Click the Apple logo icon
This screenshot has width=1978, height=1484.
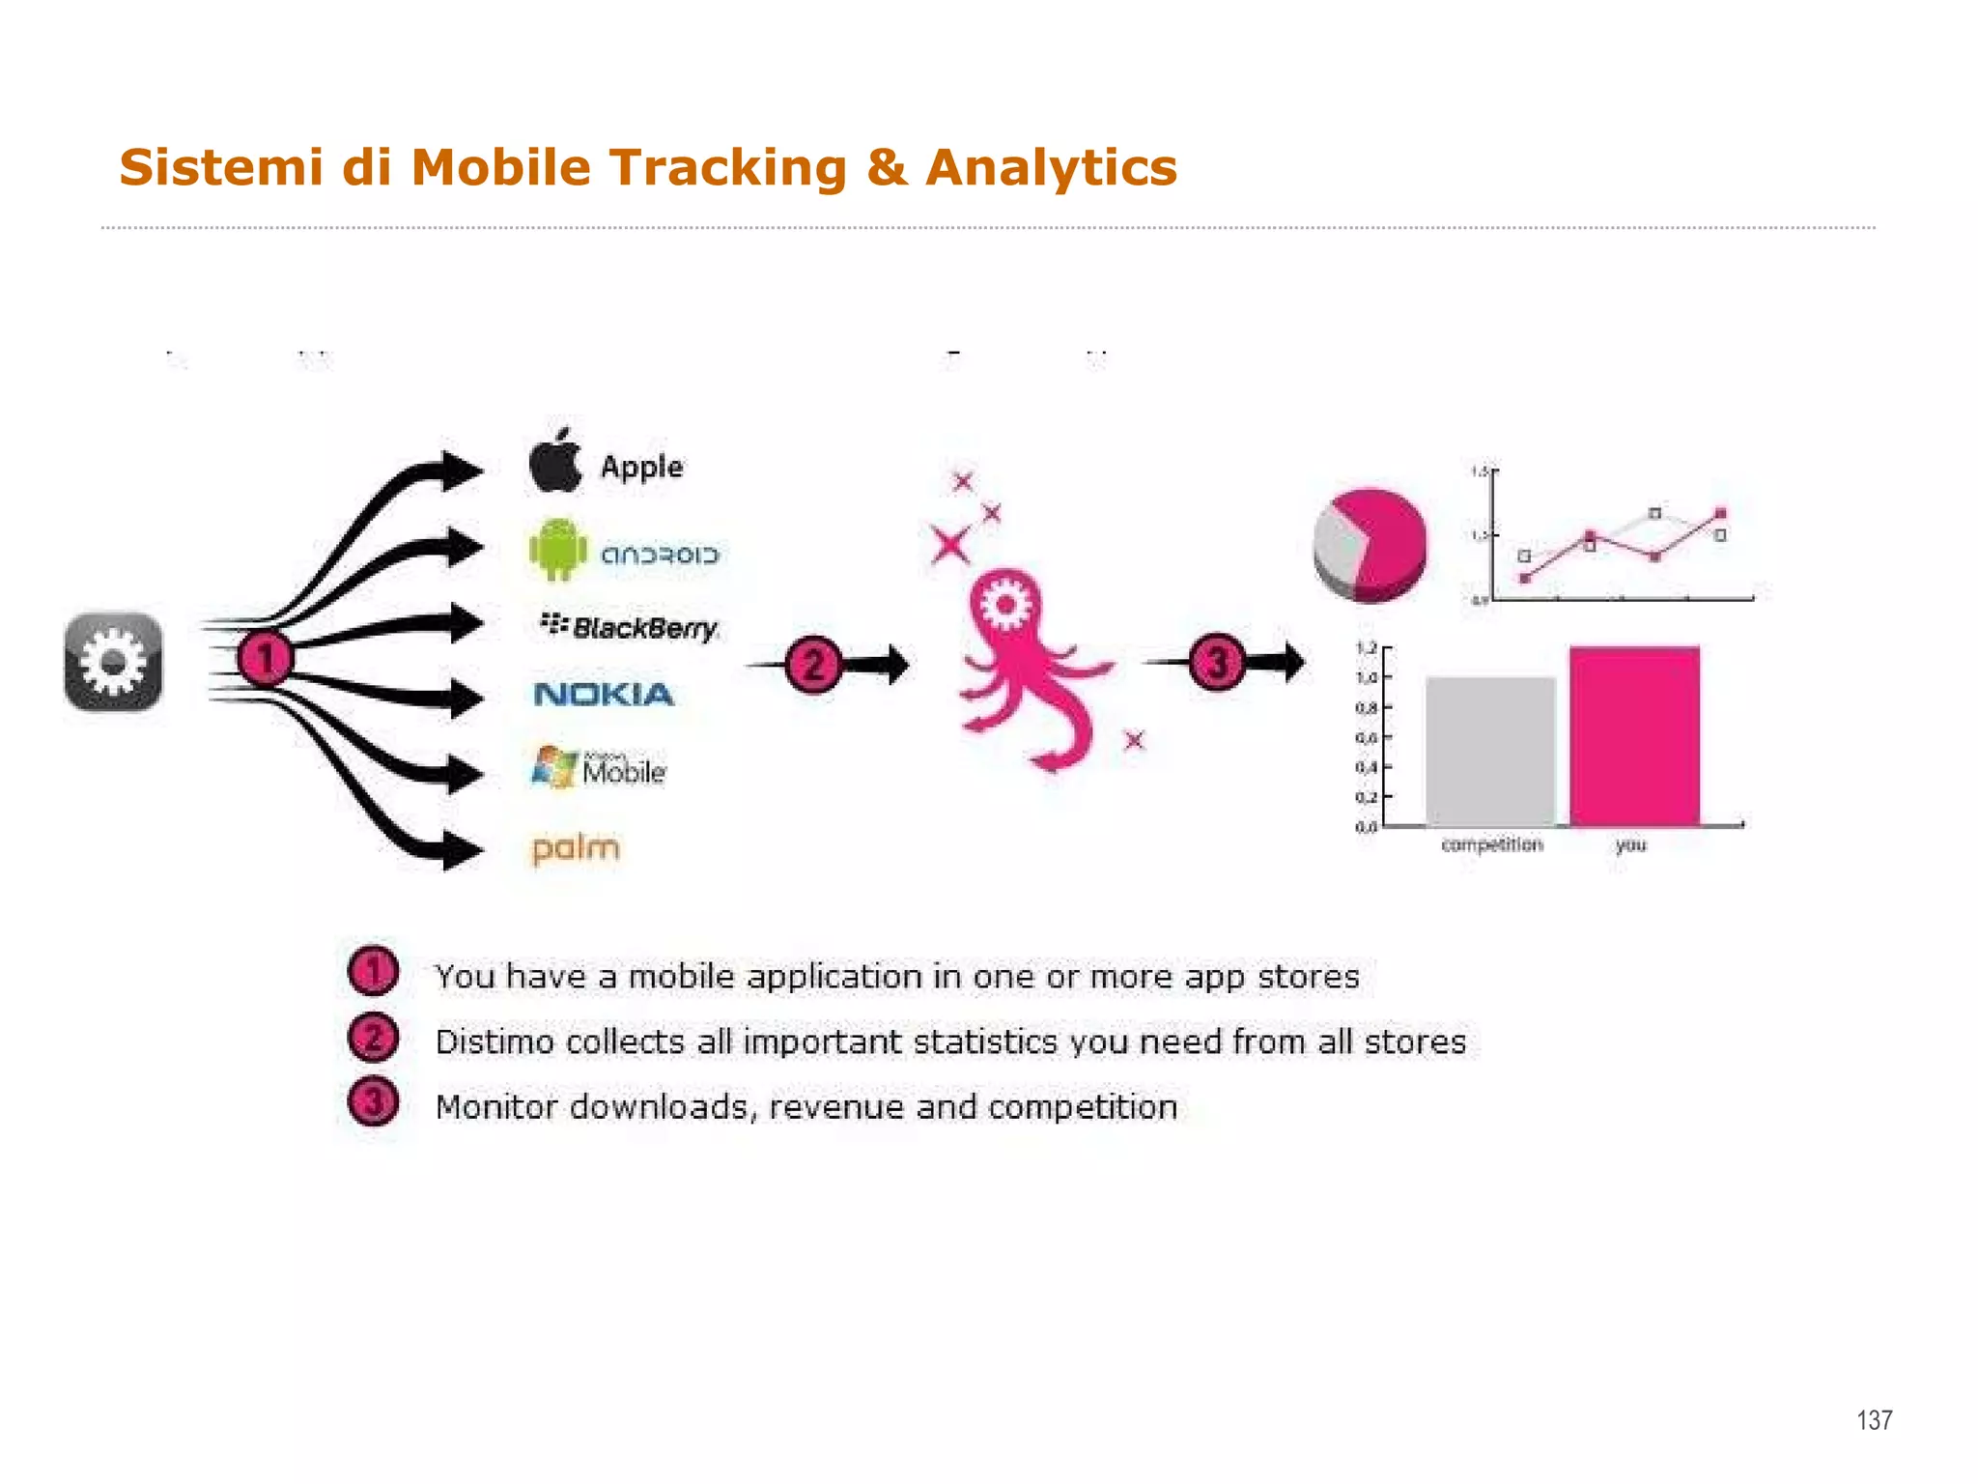pyautogui.click(x=555, y=461)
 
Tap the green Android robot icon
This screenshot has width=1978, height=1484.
pyautogui.click(x=557, y=550)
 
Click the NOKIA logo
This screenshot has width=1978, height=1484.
pyautogui.click(x=604, y=694)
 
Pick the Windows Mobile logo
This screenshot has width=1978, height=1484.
pyautogui.click(x=599, y=767)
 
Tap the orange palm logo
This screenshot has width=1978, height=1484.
pyautogui.click(x=576, y=848)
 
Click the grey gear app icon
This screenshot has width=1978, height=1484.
pyautogui.click(x=113, y=662)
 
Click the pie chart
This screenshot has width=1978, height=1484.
pyautogui.click(x=1370, y=544)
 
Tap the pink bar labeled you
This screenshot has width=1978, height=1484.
pyautogui.click(x=1634, y=736)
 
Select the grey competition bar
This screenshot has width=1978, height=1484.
pyautogui.click(x=1490, y=752)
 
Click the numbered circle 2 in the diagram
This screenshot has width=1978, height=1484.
pyautogui.click(x=813, y=665)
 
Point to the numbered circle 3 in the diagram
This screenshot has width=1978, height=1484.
pyautogui.click(x=1216, y=663)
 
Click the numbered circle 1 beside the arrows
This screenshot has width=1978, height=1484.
pyautogui.click(x=264, y=659)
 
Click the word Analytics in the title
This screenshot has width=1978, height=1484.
pyautogui.click(x=1051, y=167)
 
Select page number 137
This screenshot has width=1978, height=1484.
pyautogui.click(x=1874, y=1419)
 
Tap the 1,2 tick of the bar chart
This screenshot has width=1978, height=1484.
pyautogui.click(x=1368, y=648)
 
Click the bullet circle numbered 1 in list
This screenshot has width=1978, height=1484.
pyautogui.click(x=373, y=972)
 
